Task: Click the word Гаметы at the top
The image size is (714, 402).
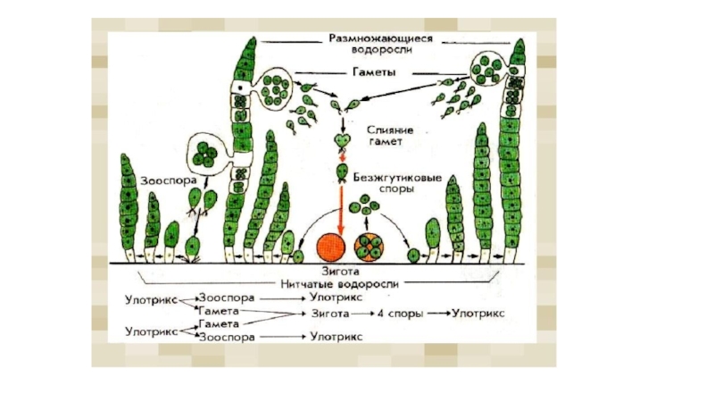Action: coord(368,71)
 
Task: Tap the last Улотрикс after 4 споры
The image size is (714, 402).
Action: coord(478,314)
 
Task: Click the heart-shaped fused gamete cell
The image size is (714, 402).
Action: coord(340,141)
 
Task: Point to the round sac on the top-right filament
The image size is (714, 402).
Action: coord(489,65)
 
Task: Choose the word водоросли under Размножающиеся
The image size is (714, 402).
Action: coord(380,52)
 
